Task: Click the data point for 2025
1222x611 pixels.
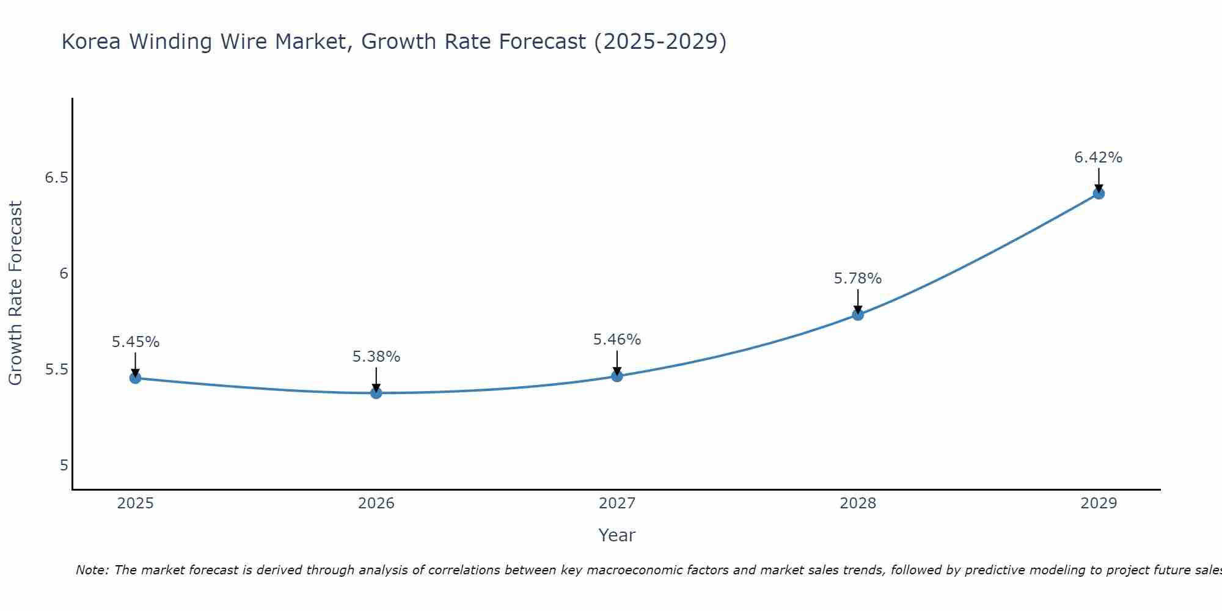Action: [136, 378]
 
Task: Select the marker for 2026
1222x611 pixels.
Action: [376, 393]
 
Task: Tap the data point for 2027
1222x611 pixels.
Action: [617, 376]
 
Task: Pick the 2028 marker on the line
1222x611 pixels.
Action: [858, 315]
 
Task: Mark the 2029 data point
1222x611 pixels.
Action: [1099, 194]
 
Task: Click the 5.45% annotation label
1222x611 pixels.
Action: [136, 342]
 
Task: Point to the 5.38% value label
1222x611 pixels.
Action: [376, 357]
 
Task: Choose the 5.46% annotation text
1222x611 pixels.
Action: [617, 340]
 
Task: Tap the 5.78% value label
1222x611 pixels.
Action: [858, 279]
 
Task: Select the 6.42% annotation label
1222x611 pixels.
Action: [1099, 158]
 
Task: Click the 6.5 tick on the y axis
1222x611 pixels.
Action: [56, 178]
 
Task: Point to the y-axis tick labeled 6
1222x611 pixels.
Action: [64, 274]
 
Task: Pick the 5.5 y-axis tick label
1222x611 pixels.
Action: [56, 370]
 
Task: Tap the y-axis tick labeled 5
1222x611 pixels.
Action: [64, 466]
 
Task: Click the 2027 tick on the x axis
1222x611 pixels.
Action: [617, 503]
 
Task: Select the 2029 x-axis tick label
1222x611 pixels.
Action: [1099, 503]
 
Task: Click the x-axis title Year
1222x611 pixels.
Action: [617, 535]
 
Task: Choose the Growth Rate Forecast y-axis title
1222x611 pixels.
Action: [16, 293]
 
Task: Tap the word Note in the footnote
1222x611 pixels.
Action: [92, 570]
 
